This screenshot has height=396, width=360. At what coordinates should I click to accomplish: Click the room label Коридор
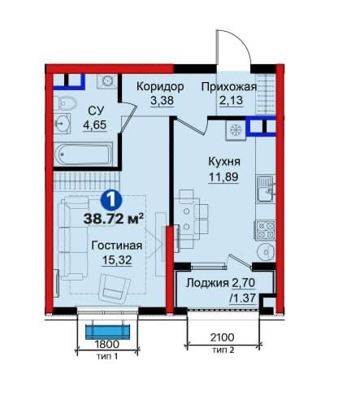[159, 86]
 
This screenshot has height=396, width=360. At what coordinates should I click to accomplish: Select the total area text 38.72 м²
[113, 217]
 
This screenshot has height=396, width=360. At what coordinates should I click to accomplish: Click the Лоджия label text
[206, 284]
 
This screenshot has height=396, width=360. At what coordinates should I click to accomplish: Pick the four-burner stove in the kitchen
[265, 228]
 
